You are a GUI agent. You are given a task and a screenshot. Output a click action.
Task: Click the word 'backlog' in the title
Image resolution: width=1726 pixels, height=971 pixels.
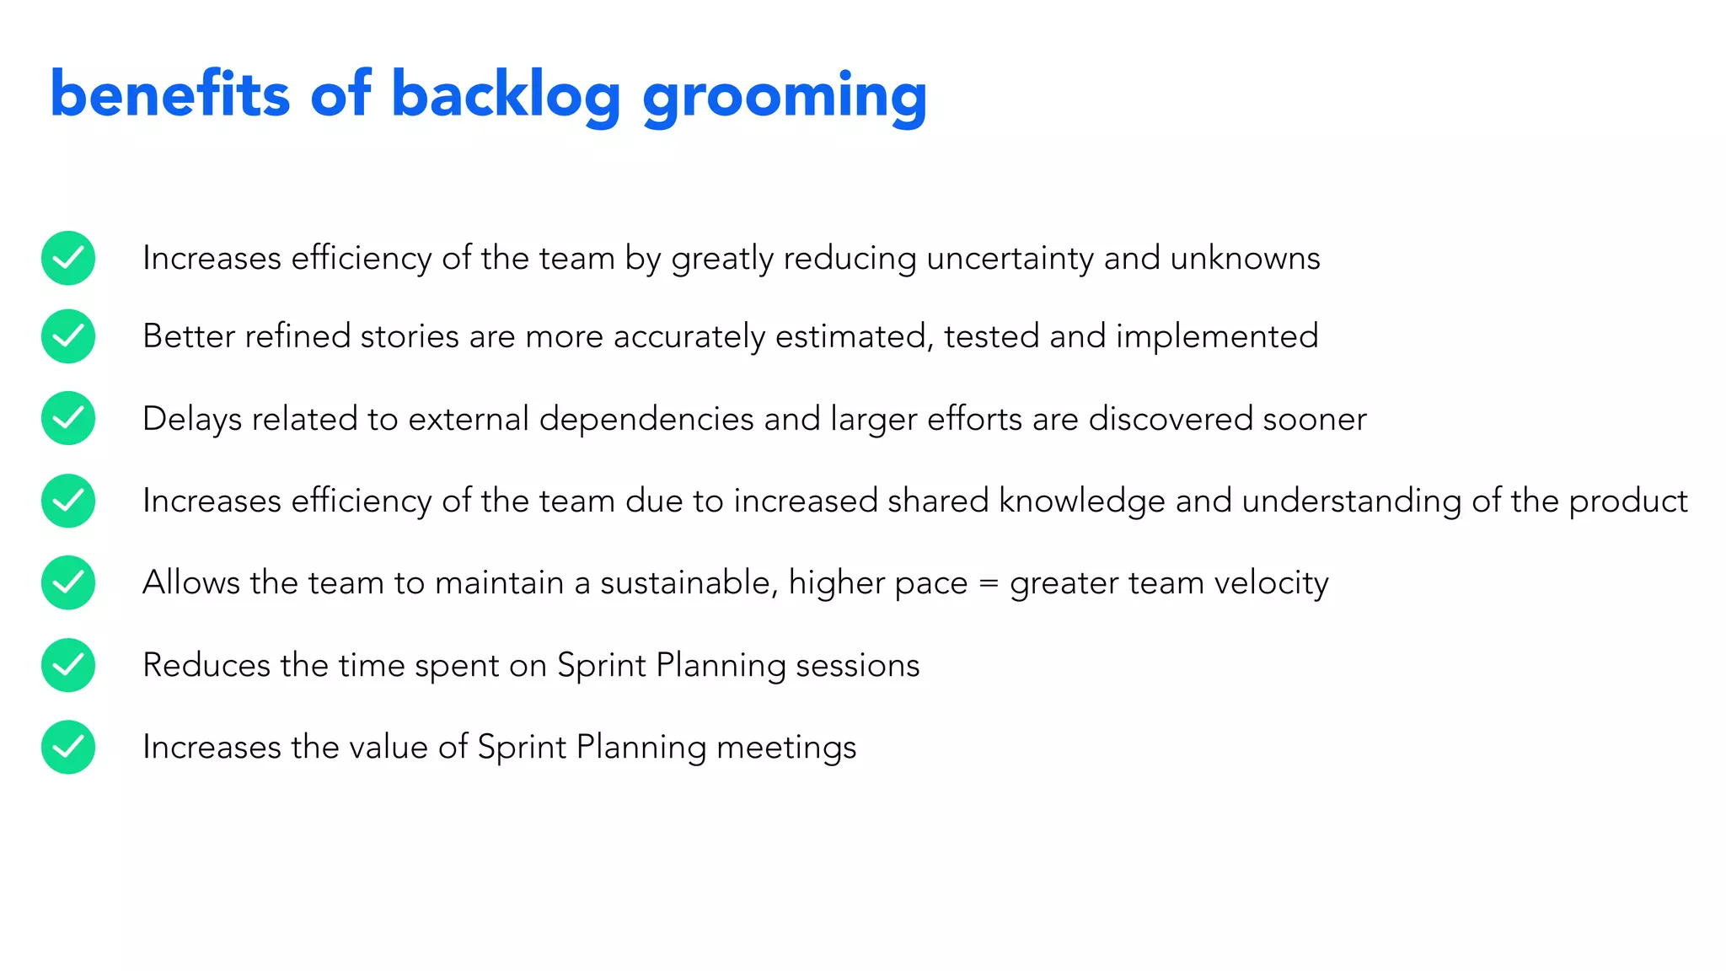point(506,94)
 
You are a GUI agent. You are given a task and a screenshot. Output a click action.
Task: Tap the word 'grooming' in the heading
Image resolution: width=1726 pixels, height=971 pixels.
point(785,98)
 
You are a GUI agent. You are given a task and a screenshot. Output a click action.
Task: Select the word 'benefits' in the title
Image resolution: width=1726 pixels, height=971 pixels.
point(169,94)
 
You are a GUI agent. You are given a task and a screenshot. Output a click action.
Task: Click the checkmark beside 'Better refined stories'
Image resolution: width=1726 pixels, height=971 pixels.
point(68,336)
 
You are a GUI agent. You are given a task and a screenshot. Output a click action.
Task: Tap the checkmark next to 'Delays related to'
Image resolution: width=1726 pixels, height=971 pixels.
point(68,418)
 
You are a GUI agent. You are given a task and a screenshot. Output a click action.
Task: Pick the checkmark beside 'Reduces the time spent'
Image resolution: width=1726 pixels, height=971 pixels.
point(68,665)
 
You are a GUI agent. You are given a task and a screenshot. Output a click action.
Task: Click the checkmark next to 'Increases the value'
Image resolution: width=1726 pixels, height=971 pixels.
point(68,747)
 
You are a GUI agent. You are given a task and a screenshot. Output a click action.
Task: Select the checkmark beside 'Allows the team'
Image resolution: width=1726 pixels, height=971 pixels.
point(68,582)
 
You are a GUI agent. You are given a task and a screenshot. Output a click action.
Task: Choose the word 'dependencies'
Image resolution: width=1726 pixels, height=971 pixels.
point(646,420)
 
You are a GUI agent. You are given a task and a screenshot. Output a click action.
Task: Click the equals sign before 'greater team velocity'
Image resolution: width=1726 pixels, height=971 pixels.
point(989,583)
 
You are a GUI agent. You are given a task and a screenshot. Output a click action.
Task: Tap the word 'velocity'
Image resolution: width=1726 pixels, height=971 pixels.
point(1271,583)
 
